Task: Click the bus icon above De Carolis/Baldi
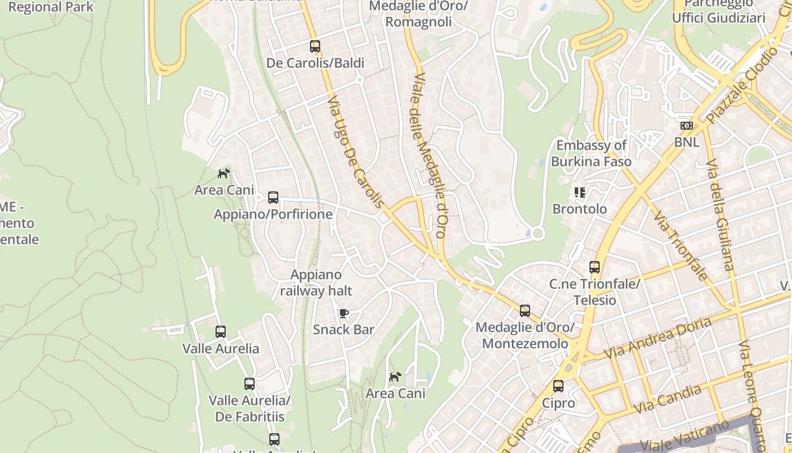(x=315, y=46)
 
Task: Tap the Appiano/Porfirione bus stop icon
(x=273, y=198)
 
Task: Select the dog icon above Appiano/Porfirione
(x=224, y=173)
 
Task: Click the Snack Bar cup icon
(x=343, y=313)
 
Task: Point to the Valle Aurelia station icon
(x=221, y=332)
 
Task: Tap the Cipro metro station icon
(x=558, y=386)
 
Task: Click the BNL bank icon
(x=687, y=126)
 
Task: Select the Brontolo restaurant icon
(x=579, y=193)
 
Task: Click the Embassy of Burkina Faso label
(x=591, y=153)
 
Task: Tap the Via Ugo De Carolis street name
(x=356, y=151)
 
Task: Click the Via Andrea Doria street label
(x=658, y=338)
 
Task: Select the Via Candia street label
(x=667, y=399)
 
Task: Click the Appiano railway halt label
(x=316, y=283)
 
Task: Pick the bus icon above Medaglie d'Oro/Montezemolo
(x=525, y=311)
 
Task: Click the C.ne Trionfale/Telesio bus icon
(x=595, y=267)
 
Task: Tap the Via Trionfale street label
(x=681, y=246)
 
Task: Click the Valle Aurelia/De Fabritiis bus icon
(x=249, y=384)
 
